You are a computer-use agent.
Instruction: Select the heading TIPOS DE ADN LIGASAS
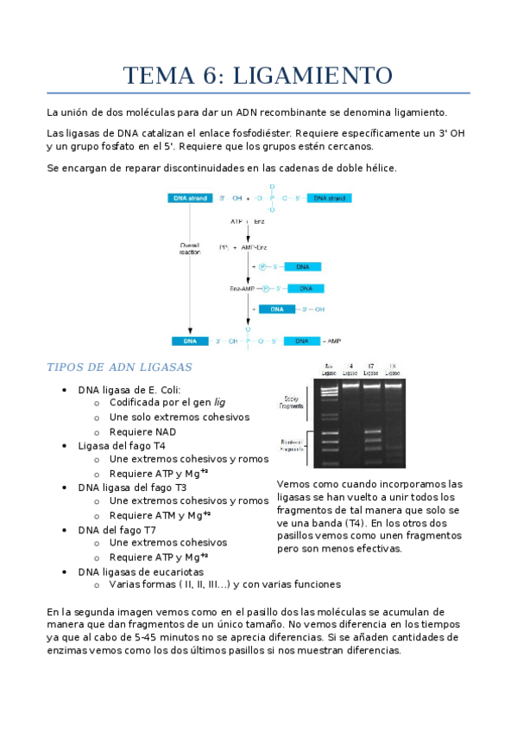[x=118, y=366]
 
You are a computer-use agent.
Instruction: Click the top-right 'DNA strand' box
[x=330, y=198]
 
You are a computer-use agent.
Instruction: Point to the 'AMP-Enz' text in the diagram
[x=255, y=247]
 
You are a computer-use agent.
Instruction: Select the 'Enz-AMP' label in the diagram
[x=242, y=288]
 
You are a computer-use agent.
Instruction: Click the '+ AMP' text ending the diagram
[x=334, y=341]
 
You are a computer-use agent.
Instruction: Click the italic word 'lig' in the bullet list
[x=219, y=403]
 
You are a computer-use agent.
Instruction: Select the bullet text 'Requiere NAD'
[x=142, y=431]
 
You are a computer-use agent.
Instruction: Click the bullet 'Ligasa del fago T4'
[x=122, y=445]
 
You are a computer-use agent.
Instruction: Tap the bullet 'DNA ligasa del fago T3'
[x=132, y=487]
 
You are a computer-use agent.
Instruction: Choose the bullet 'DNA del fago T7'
[x=117, y=529]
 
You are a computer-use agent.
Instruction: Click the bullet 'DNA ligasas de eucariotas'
[x=141, y=571]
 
